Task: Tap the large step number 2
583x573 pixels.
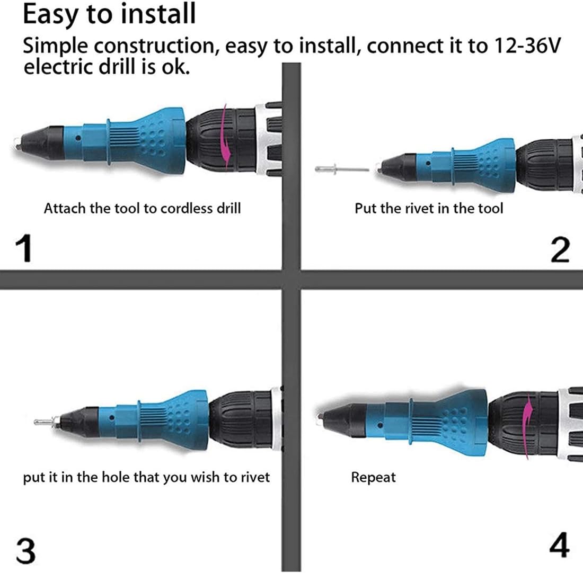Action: pos(560,250)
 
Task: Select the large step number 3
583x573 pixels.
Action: pos(25,551)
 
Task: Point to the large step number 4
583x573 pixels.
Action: pos(559,545)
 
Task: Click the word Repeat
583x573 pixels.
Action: pos(373,477)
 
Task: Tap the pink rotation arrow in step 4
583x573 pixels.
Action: pos(528,427)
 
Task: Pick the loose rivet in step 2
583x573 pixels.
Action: pos(342,169)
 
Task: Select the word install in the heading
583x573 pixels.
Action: pos(157,14)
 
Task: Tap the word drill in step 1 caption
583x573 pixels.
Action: pos(228,208)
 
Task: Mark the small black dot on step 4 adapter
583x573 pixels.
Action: pos(379,425)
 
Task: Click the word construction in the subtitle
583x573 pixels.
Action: pos(154,46)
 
